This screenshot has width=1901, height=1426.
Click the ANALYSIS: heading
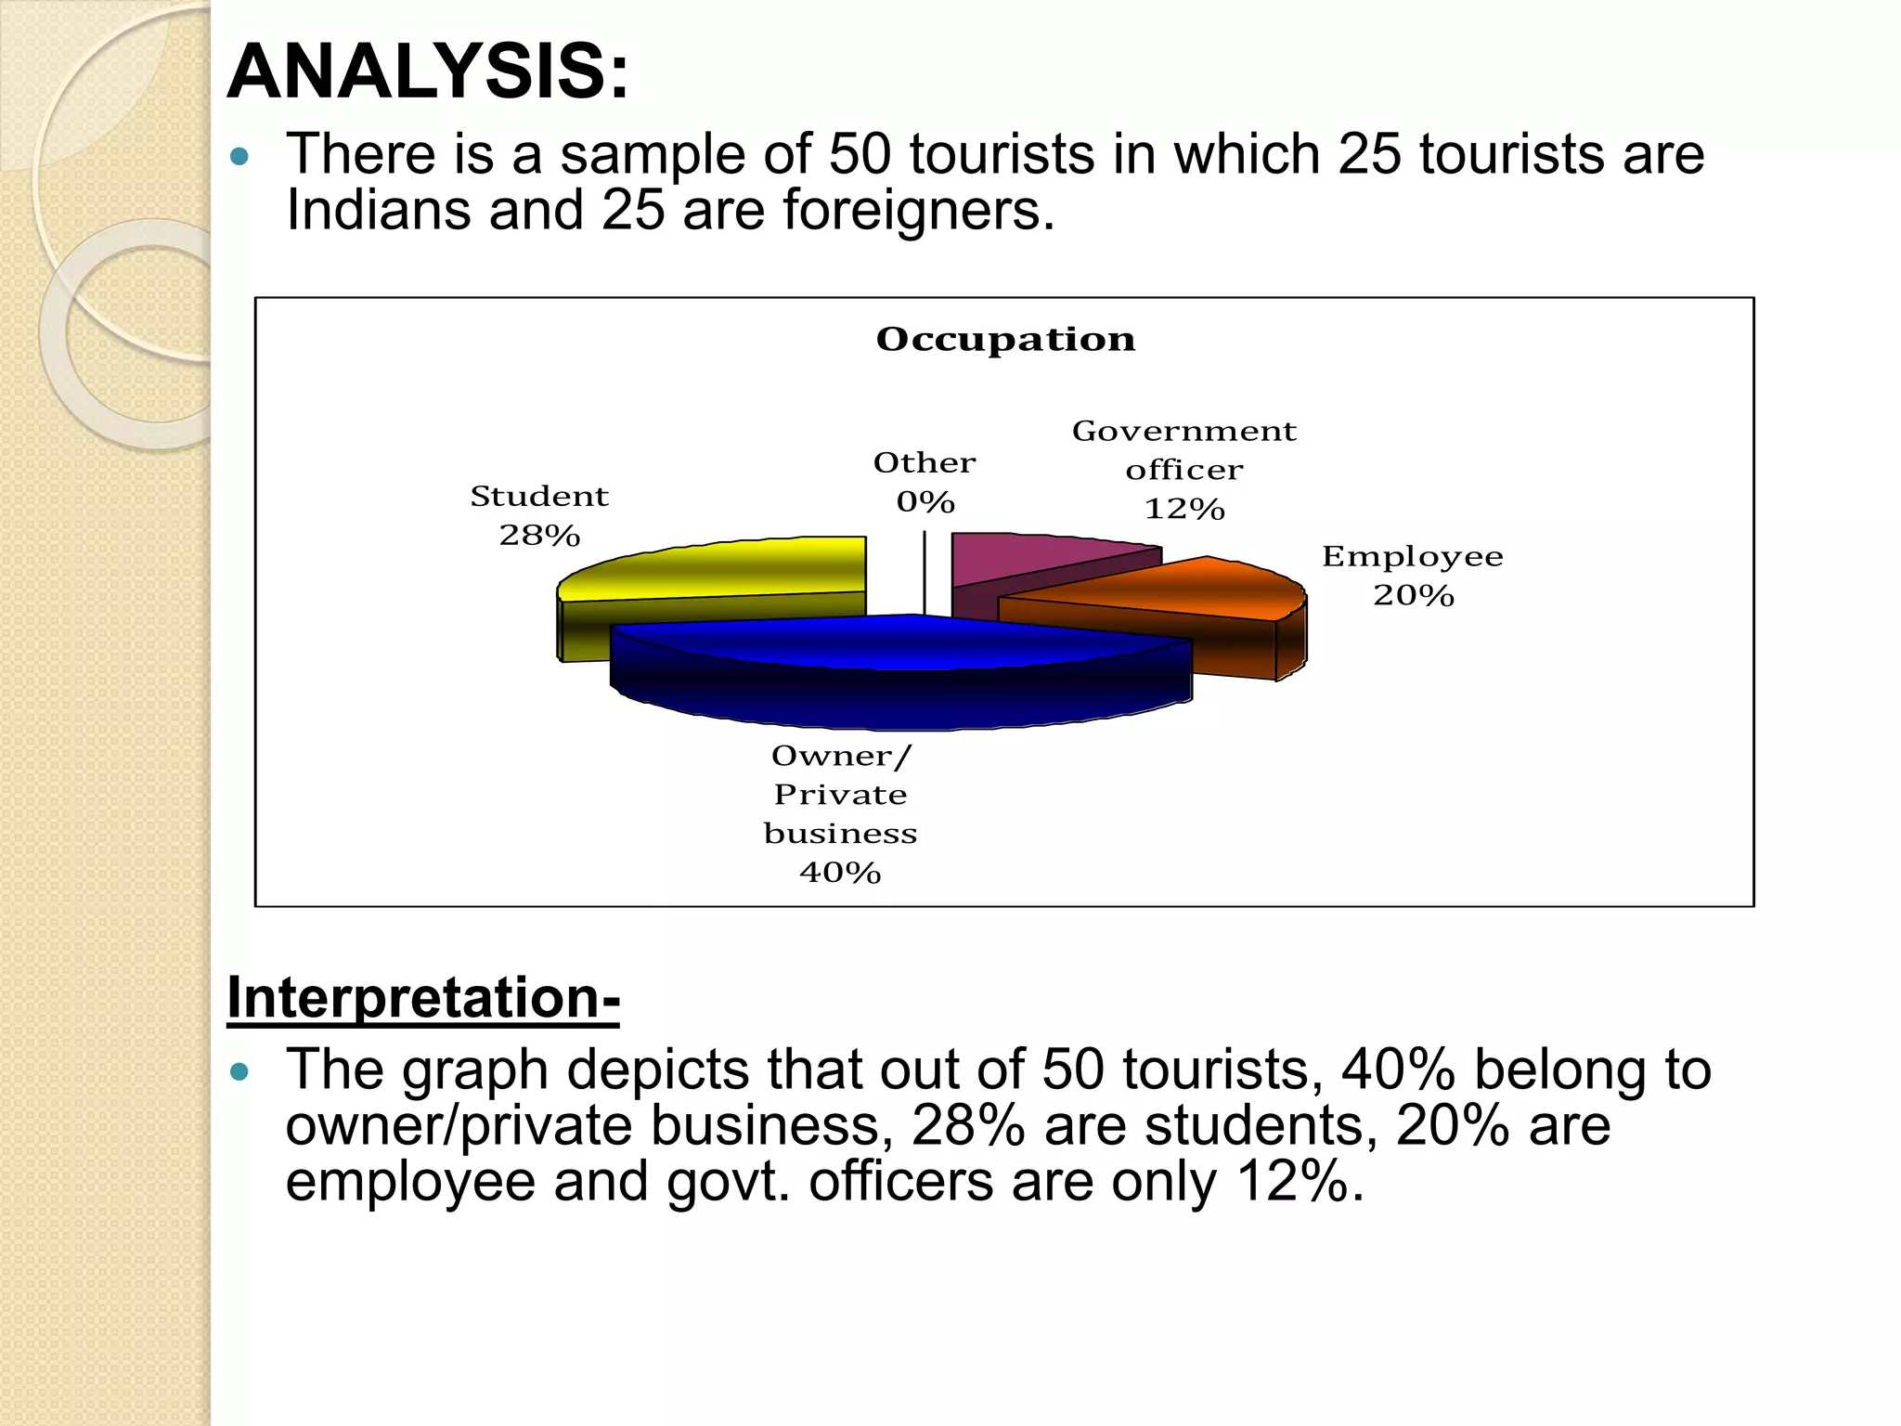point(428,72)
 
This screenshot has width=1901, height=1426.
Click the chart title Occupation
point(1005,340)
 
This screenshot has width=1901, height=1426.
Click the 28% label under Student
point(539,536)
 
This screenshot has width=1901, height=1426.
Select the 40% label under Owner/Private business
point(840,873)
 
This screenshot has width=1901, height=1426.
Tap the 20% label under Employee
point(1413,595)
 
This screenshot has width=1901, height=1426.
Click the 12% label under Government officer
point(1184,509)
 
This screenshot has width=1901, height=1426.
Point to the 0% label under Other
point(925,502)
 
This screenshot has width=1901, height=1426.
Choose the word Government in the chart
point(1184,432)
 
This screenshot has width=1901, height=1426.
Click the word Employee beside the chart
point(1412,557)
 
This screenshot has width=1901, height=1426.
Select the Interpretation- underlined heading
point(423,998)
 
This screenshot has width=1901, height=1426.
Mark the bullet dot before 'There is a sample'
point(239,156)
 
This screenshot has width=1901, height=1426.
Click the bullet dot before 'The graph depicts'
point(239,1072)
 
